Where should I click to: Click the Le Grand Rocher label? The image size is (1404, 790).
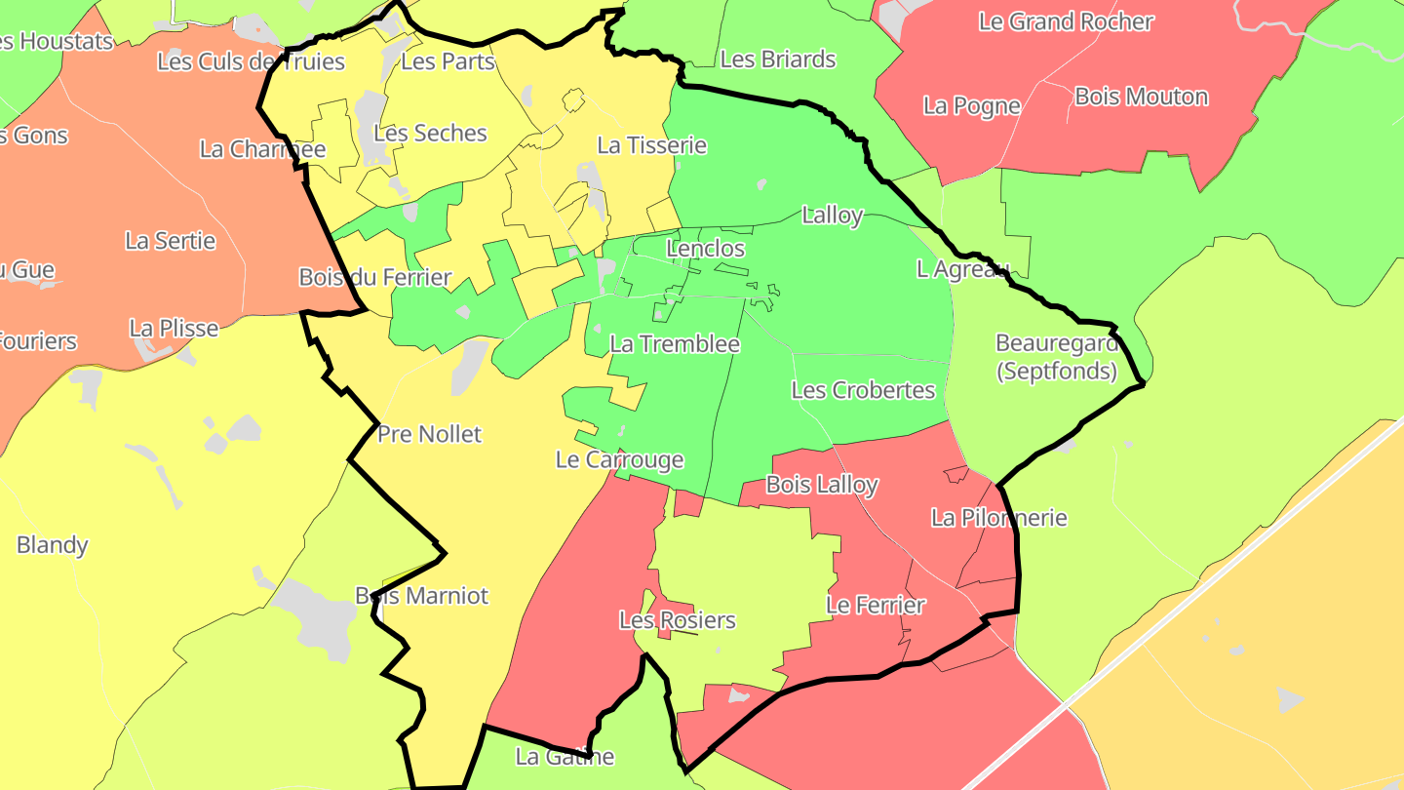(1066, 21)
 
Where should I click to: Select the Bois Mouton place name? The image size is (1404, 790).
(1141, 97)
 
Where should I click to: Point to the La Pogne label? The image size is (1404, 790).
(971, 105)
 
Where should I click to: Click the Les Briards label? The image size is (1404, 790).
(778, 59)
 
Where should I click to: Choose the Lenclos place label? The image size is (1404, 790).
(705, 249)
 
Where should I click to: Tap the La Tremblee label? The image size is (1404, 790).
(675, 344)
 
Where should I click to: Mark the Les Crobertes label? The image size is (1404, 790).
(863, 391)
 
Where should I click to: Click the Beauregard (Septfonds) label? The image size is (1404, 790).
(1057, 357)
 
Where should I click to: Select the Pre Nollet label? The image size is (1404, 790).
(429, 434)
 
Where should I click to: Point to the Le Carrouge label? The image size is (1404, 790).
(619, 460)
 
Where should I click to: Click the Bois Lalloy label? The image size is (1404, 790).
(822, 485)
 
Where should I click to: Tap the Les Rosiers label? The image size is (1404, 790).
(678, 620)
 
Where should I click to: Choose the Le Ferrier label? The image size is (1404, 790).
(876, 606)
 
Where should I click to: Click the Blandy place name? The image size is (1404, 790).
(53, 545)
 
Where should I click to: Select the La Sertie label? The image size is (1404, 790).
(171, 241)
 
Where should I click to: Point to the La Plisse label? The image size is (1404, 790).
(174, 329)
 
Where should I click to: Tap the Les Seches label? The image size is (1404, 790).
(430, 134)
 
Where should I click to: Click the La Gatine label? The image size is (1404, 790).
(565, 757)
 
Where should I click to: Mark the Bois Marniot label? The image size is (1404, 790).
(421, 596)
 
